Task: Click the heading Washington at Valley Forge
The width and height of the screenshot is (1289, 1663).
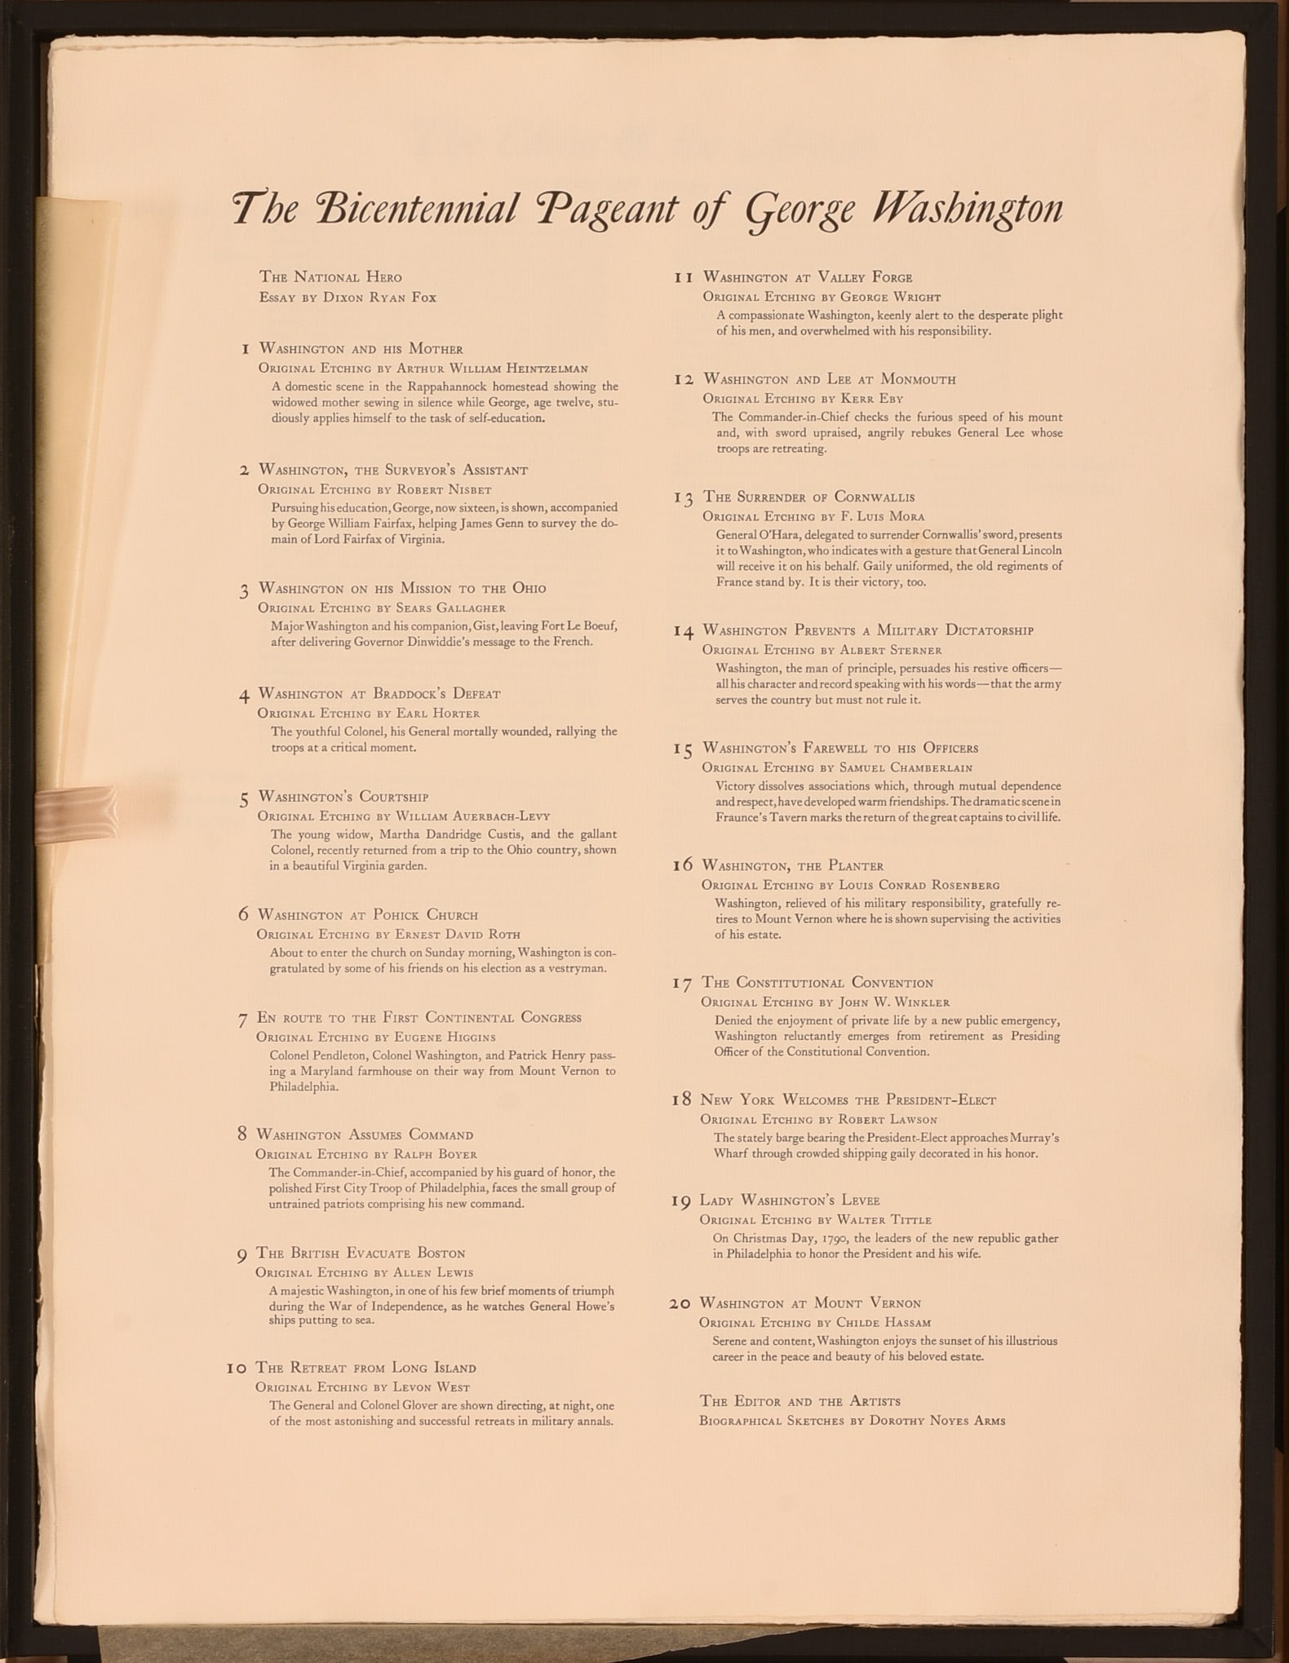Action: tap(808, 277)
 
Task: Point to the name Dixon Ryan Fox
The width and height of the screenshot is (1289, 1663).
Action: tap(381, 298)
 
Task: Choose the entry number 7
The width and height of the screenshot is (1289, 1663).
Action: tap(242, 1019)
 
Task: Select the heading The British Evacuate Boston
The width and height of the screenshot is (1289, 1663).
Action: tap(361, 1253)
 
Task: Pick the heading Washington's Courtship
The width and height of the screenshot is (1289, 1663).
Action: tap(343, 797)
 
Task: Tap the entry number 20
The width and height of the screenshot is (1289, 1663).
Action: tap(680, 1304)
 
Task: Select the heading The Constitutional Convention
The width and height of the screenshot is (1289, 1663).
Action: tap(817, 983)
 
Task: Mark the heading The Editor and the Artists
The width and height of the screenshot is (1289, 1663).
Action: tap(800, 1401)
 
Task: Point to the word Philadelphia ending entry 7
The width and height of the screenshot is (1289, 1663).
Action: tap(303, 1087)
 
